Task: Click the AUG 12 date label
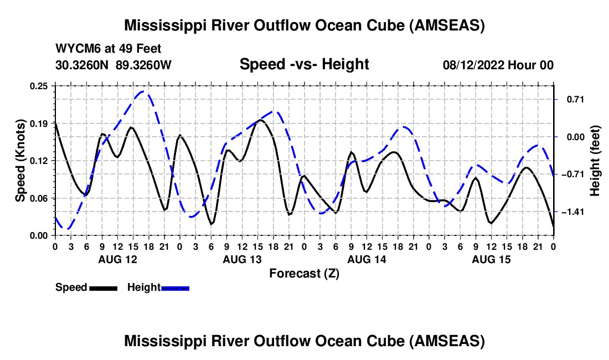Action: click(117, 259)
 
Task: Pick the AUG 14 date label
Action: click(366, 259)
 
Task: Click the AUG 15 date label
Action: click(491, 259)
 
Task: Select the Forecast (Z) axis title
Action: click(304, 273)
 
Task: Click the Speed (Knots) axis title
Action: click(20, 160)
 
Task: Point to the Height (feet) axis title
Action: click(595, 161)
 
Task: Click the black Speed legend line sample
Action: click(103, 288)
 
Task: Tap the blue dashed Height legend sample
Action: click(175, 288)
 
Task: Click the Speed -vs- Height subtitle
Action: click(304, 64)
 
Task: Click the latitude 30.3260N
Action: click(83, 65)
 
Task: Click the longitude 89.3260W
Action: click(144, 65)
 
